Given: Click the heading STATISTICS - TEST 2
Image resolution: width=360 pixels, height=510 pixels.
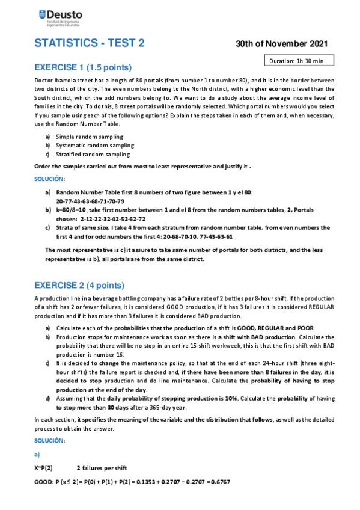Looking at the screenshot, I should [90, 43].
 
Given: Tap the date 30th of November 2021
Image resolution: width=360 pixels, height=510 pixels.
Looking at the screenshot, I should [281, 44].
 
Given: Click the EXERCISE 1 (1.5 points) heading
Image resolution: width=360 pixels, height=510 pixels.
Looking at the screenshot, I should [83, 67].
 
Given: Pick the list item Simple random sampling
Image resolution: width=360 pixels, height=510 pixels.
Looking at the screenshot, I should [89, 137].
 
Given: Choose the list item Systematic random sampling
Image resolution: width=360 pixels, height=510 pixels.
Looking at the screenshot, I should [94, 146].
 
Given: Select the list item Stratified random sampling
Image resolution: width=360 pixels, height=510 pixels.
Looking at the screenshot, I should [93, 154].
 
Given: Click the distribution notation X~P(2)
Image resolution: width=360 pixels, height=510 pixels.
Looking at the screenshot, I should [43, 467].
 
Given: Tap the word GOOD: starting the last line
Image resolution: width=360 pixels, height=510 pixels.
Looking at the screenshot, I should [44, 482].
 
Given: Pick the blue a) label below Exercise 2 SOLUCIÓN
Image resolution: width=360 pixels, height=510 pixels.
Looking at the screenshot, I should [37, 454].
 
